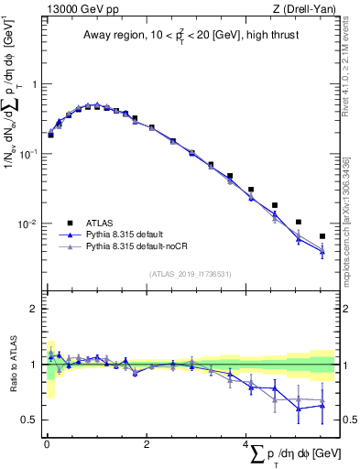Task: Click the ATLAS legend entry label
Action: click(x=101, y=222)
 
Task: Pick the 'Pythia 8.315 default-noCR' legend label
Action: click(x=140, y=247)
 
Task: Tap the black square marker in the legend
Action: click(x=69, y=222)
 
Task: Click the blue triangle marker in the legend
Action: click(x=69, y=234)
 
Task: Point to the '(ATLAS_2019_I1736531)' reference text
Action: click(x=191, y=274)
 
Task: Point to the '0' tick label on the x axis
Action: click(x=47, y=444)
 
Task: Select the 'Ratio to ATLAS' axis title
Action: click(x=12, y=365)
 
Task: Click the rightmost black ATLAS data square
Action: click(x=322, y=236)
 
